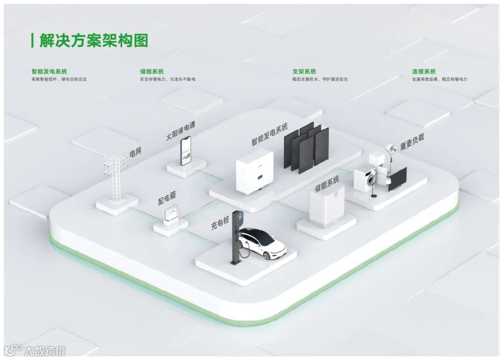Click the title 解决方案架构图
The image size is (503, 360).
click(x=93, y=41)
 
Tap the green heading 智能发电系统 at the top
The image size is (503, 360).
click(x=49, y=72)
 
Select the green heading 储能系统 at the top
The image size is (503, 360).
click(x=151, y=72)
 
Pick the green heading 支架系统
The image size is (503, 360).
click(x=304, y=72)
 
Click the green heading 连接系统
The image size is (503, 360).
click(x=424, y=72)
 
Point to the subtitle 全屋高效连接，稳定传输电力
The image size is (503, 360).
click(x=439, y=80)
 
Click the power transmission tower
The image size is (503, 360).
click(x=114, y=179)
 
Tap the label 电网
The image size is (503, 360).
click(x=135, y=152)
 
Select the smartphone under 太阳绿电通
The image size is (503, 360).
click(x=186, y=150)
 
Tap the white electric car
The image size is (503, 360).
click(x=263, y=243)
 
